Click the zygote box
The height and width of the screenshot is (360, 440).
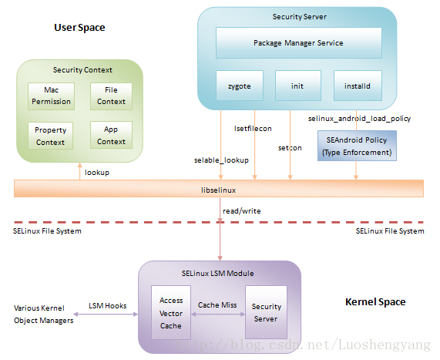(240, 86)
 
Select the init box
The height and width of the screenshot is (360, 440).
(298, 86)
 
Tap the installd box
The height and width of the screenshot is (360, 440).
(358, 86)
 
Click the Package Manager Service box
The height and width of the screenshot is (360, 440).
(298, 42)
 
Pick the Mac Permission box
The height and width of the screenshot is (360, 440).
(51, 96)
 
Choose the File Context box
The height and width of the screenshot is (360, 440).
(111, 96)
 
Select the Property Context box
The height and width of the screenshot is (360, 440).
(51, 136)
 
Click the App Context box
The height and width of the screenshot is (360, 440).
(111, 135)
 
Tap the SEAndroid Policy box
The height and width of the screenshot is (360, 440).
(357, 146)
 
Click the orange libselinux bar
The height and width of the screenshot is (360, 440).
(219, 189)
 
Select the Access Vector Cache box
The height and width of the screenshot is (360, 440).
(171, 312)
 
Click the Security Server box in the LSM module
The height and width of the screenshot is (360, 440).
(266, 312)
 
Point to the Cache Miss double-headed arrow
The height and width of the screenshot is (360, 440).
(218, 315)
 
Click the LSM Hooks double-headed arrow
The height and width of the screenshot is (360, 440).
(106, 315)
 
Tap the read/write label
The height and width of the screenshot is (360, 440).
(242, 211)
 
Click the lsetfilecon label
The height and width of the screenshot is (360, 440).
(253, 129)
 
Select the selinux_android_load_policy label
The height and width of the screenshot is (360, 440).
(359, 119)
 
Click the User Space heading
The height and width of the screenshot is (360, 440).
(79, 28)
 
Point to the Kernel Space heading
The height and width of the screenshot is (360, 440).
(375, 302)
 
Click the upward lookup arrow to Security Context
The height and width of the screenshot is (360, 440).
(79, 171)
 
